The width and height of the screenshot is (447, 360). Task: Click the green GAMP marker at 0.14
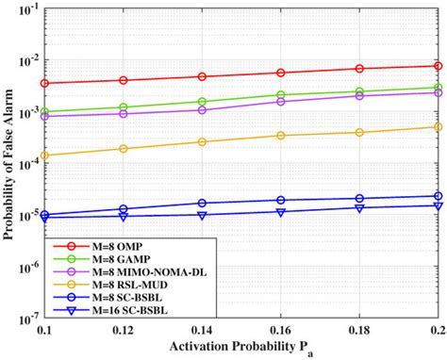click(x=202, y=102)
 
